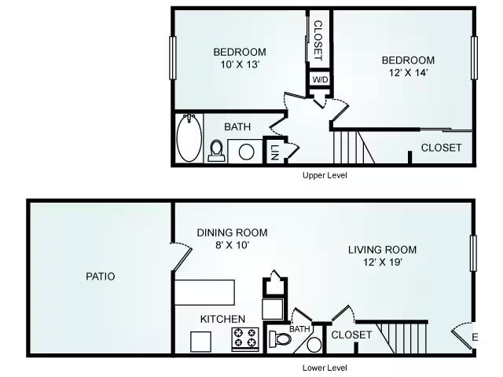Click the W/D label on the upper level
[320, 79]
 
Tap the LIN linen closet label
[274, 152]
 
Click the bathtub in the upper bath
[189, 138]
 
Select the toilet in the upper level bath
[216, 151]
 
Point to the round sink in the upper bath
[246, 152]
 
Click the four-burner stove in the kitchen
[245, 339]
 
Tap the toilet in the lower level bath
[280, 339]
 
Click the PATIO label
[101, 276]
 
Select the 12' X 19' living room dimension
[383, 262]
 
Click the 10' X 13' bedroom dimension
[240, 64]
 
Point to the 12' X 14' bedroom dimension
[409, 73]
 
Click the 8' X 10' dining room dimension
[233, 245]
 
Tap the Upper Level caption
[325, 175]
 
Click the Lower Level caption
[325, 368]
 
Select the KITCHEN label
[222, 319]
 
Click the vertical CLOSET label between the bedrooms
[318, 41]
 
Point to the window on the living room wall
[473, 253]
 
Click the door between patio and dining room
[182, 257]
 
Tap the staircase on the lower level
[402, 337]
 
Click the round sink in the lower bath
[314, 345]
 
